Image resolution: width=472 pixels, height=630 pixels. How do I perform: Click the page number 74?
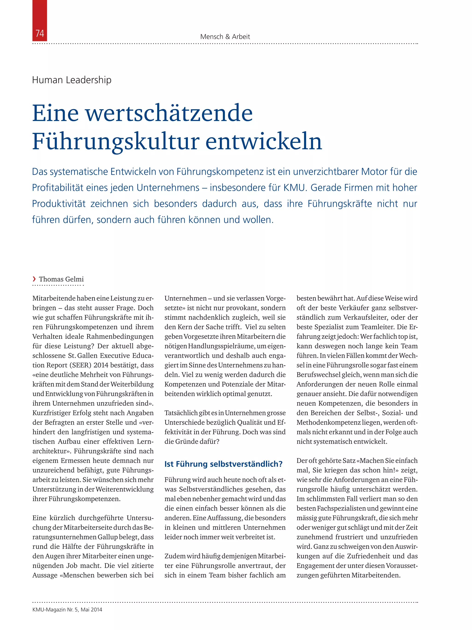tap(40, 34)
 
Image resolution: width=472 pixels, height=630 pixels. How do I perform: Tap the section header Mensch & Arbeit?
tap(225, 37)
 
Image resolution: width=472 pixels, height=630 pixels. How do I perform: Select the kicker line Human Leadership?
tap(72, 80)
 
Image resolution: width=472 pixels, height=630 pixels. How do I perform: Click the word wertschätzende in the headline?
tap(169, 113)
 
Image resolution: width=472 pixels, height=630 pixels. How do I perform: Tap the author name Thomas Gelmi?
tap(61, 279)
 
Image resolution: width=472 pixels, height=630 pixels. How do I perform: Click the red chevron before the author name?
tap(34, 279)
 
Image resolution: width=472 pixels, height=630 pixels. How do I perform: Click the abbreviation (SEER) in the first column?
tap(86, 365)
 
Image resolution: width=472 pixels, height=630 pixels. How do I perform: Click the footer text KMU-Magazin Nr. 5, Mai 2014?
tap(67, 610)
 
